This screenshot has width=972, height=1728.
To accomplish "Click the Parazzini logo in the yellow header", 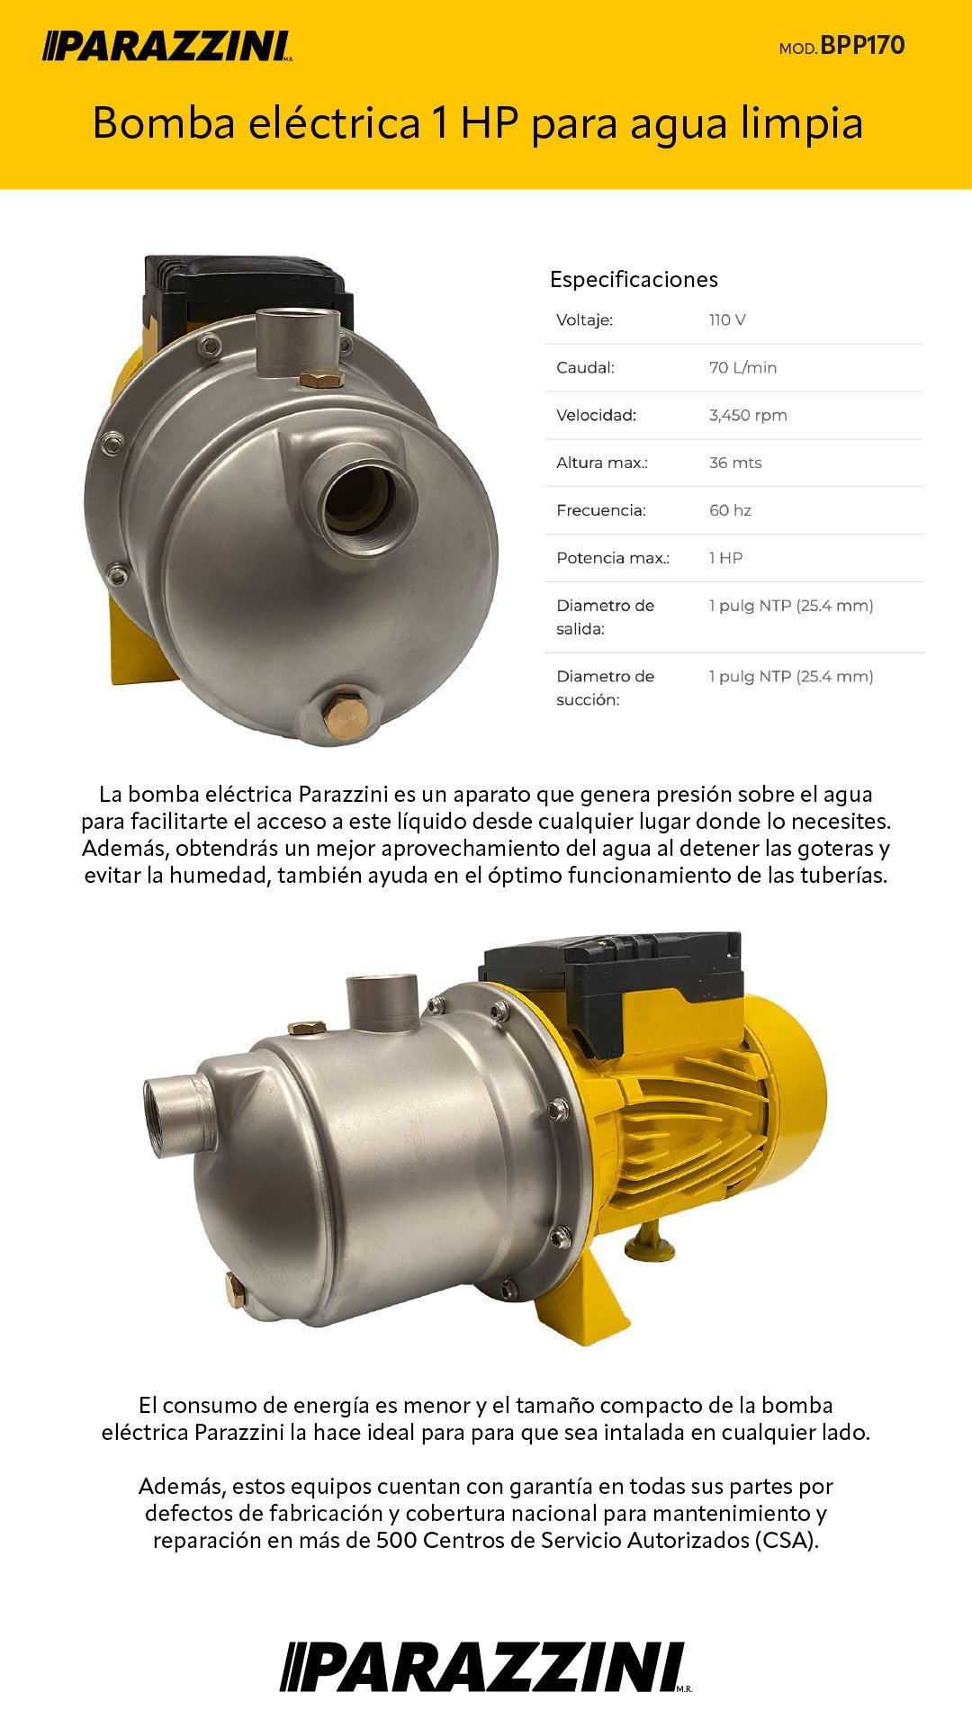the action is [x=168, y=46].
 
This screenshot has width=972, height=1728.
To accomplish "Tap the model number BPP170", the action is [x=862, y=46].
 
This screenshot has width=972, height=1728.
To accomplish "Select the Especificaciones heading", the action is [x=634, y=279].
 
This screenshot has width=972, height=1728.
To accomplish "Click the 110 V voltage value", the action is [x=727, y=319].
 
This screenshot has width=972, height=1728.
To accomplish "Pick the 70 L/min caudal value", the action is [x=742, y=367].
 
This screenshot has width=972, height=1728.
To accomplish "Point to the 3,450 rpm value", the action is [x=748, y=415].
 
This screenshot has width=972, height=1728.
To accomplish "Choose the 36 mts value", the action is [x=735, y=463].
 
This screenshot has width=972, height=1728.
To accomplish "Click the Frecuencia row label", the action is [x=601, y=510].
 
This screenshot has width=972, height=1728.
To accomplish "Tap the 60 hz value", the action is [x=730, y=510].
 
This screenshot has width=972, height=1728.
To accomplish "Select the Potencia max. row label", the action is [x=613, y=558].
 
